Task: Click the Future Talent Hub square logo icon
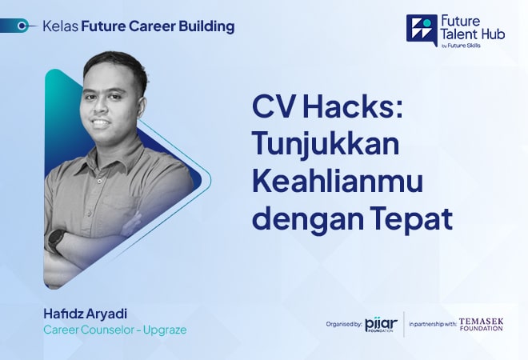pyautogui.click(x=422, y=30)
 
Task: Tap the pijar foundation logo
pyautogui.click(x=380, y=324)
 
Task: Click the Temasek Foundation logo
pyautogui.click(x=481, y=323)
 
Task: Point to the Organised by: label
pyautogui.click(x=343, y=324)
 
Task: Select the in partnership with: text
pyautogui.click(x=433, y=324)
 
